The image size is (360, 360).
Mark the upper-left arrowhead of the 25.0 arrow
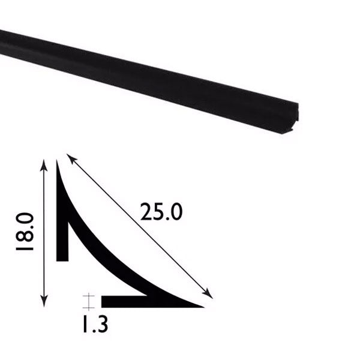point(70,158)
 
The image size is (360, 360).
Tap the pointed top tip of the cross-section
point(58,161)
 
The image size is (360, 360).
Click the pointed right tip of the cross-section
point(202,305)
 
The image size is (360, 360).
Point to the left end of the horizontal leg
point(103,301)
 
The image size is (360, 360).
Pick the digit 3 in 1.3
point(103,326)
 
